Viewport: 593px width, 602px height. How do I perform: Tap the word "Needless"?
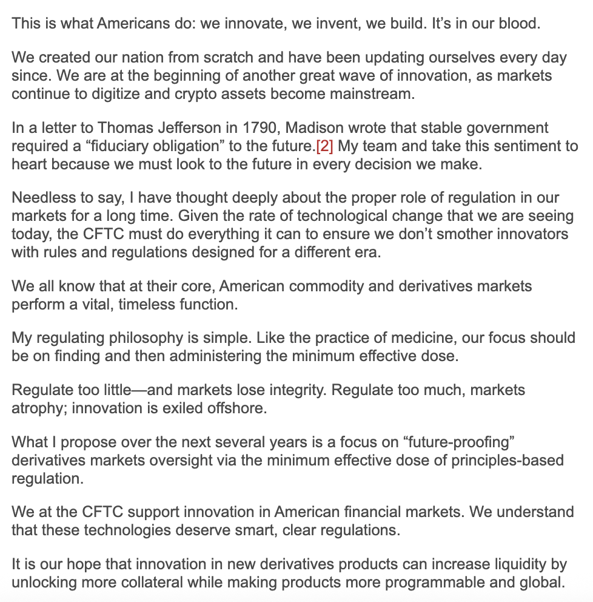tap(39, 198)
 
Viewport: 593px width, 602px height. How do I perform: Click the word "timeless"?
tap(146, 304)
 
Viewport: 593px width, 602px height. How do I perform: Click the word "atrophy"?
tap(38, 408)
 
